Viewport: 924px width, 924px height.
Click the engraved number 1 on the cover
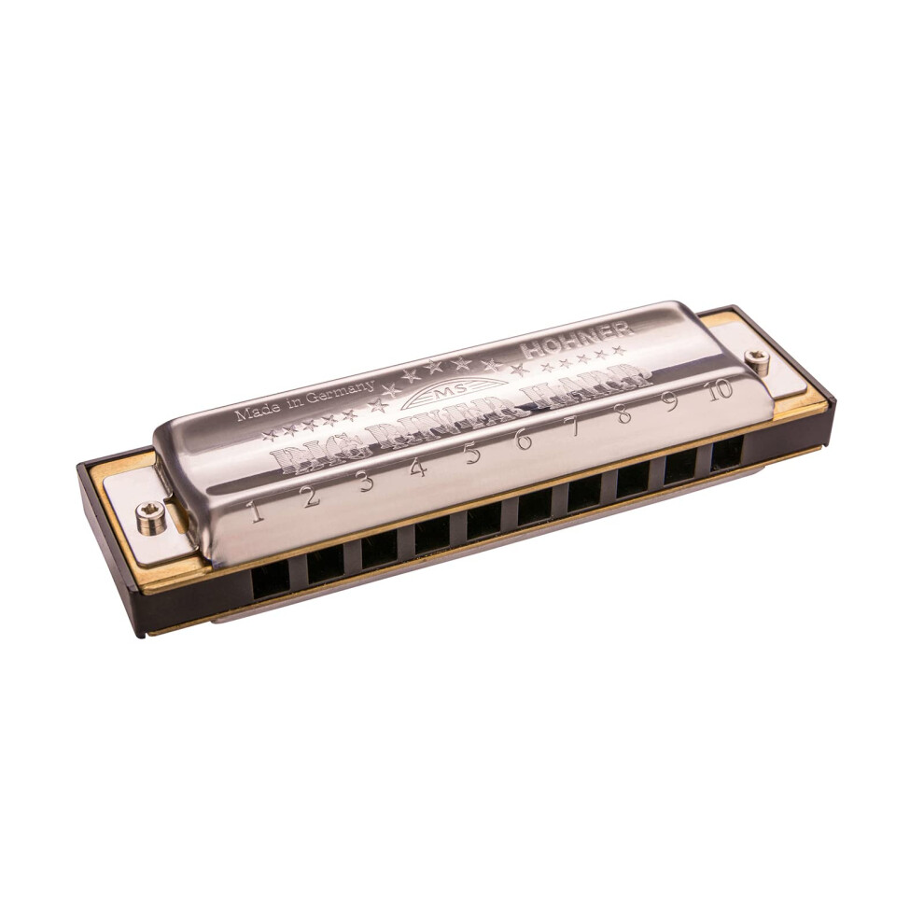point(256,511)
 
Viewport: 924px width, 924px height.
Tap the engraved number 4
point(419,466)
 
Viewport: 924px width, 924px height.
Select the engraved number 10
point(720,390)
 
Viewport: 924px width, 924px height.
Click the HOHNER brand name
point(579,338)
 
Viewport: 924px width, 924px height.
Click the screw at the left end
point(151,516)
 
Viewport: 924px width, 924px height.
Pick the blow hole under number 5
point(483,521)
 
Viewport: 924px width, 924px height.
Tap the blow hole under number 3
point(379,550)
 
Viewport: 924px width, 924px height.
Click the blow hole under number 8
point(632,479)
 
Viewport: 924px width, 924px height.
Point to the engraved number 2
point(311,496)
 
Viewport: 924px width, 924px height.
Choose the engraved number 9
point(670,401)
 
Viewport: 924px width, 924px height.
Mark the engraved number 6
point(524,439)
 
